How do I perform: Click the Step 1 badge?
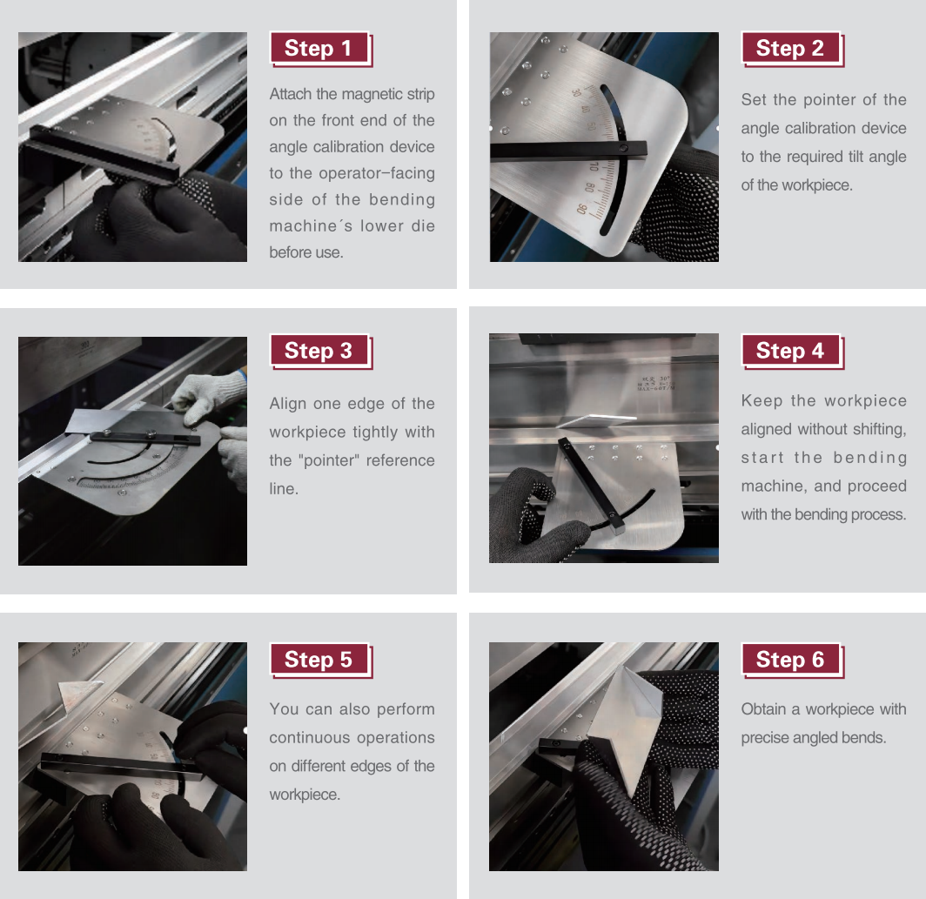click(320, 49)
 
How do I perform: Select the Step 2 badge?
click(791, 49)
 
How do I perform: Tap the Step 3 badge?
click(320, 351)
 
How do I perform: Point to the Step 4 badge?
click(791, 351)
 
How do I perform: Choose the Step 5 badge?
click(320, 660)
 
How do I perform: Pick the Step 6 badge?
click(791, 660)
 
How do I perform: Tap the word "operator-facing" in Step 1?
click(377, 174)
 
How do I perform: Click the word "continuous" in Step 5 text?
click(310, 738)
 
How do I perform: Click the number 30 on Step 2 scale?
click(576, 93)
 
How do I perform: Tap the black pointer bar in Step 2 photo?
click(568, 150)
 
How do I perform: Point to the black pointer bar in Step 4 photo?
click(591, 485)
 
